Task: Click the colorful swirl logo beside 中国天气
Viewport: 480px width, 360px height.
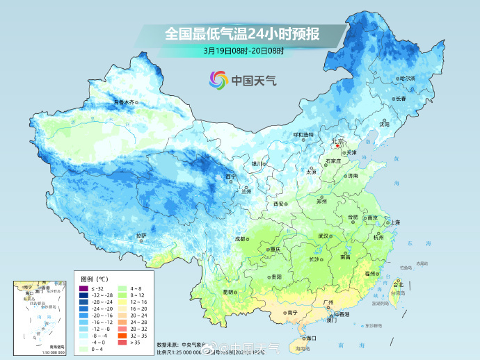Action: (218, 80)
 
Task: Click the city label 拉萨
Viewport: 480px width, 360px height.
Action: (141, 235)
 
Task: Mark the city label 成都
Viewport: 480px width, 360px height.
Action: (241, 238)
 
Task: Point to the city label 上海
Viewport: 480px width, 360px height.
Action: (395, 222)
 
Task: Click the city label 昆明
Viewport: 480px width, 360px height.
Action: (228, 292)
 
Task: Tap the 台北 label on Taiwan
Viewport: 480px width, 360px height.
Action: (399, 285)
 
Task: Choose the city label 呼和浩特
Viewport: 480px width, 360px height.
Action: (303, 134)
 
